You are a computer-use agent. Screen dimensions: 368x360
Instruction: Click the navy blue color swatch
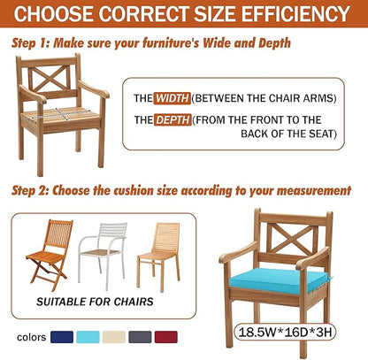pos(62,337)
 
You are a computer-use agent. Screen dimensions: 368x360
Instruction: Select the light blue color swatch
pos(88,337)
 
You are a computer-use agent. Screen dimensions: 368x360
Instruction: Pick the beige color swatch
pos(114,337)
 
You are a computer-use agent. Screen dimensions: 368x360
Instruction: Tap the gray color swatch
pos(140,337)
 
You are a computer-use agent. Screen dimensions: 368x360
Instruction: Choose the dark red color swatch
pos(166,337)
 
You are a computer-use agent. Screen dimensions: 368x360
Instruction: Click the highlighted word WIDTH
pos(172,98)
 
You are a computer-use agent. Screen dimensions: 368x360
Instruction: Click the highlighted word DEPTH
pos(172,120)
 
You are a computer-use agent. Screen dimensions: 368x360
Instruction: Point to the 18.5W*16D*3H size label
pos(285,332)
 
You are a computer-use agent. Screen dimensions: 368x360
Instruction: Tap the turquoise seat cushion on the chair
pos(280,280)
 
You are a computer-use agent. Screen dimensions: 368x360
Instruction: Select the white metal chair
pos(103,256)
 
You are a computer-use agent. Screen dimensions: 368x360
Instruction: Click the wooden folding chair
pos(50,255)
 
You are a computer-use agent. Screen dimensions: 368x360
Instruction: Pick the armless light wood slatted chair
pos(159,257)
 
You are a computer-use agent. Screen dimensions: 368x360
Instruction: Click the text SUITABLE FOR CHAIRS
pos(95,302)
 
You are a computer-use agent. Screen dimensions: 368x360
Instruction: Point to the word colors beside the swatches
pos(32,337)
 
